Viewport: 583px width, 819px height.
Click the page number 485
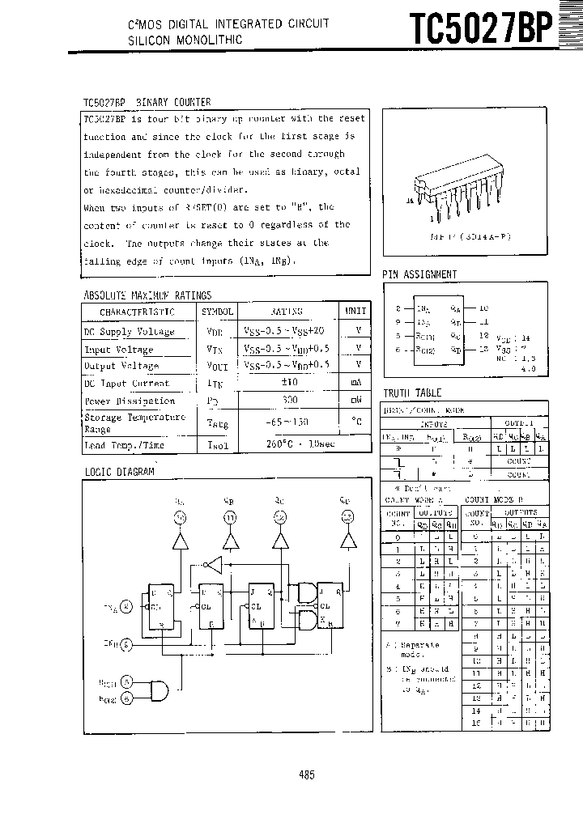click(306, 774)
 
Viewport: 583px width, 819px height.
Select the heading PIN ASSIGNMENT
click(419, 274)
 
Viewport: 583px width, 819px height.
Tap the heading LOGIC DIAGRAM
click(119, 471)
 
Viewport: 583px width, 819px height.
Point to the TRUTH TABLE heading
click(412, 393)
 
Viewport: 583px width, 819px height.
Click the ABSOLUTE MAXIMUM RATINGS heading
click(147, 295)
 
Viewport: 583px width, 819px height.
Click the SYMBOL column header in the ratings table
click(217, 312)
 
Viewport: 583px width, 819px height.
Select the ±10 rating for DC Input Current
click(290, 383)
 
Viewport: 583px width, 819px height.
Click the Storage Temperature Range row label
click(134, 422)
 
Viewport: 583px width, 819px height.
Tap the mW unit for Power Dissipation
click(355, 401)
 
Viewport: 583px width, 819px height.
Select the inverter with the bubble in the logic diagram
click(213, 563)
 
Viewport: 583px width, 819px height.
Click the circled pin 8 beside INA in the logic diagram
click(126, 606)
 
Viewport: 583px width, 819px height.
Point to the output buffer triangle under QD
click(347, 540)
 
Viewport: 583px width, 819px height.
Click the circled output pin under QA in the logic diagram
click(180, 516)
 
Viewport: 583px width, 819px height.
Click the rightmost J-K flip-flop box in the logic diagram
click(331, 606)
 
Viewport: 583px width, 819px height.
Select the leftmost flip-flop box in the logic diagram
click(160, 606)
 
